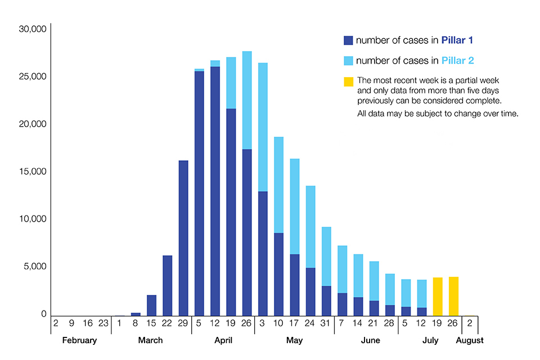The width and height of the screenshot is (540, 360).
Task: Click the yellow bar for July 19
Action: coord(438,296)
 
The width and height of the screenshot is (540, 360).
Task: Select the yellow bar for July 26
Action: coord(453,296)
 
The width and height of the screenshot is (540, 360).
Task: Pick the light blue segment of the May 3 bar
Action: coord(263,127)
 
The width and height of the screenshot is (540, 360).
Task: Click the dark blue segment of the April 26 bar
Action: coord(247,232)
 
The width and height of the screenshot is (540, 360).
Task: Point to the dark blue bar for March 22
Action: coord(168,285)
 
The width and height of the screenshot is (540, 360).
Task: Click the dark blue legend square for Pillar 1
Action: coord(348,40)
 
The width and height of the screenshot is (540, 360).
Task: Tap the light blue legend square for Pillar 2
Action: coord(348,61)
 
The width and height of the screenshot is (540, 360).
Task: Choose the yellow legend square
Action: coord(348,82)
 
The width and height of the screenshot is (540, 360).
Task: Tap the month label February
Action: coord(79,340)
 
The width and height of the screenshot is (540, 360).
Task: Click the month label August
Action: coord(470,340)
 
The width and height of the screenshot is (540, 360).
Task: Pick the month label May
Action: coord(294,340)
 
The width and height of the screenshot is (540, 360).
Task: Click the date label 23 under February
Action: coord(103,324)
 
